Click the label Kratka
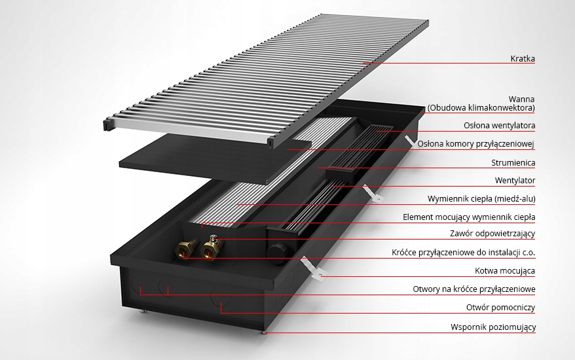pyautogui.click(x=523, y=59)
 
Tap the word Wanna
pyautogui.click(x=521, y=99)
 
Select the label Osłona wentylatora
pyautogui.click(x=500, y=126)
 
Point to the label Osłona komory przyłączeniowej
pyautogui.click(x=476, y=144)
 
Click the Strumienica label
pyautogui.click(x=513, y=162)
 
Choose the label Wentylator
pyautogui.click(x=515, y=181)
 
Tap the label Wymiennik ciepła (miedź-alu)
pyautogui.click(x=481, y=199)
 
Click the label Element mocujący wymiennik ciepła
pyautogui.click(x=469, y=217)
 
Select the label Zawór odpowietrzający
pyautogui.click(x=492, y=234)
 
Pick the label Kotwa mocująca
pyautogui.click(x=505, y=271)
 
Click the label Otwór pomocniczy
pyautogui.click(x=500, y=307)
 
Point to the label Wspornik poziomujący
pyautogui.click(x=493, y=327)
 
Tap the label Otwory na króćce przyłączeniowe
pyautogui.click(x=474, y=289)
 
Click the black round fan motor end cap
pyautogui.click(x=276, y=251)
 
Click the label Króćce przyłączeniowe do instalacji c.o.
pyautogui.click(x=464, y=253)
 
